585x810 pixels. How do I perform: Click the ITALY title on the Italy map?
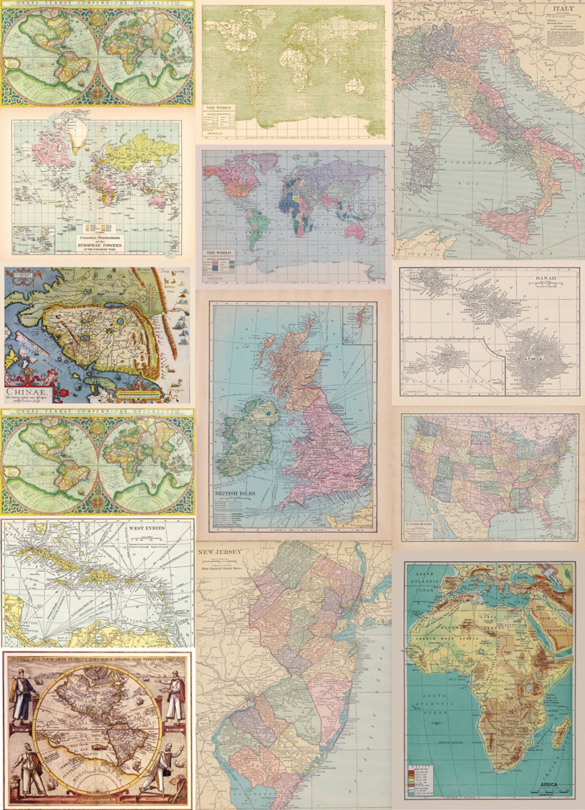click(563, 9)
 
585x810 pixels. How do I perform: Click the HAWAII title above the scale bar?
click(545, 278)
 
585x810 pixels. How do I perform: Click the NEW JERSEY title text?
click(219, 552)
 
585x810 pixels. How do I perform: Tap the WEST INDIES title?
click(146, 528)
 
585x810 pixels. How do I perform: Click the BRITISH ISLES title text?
click(235, 494)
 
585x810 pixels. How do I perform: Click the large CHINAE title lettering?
click(26, 392)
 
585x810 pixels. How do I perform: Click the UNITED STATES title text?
click(419, 524)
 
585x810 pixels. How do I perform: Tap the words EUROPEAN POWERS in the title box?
click(100, 245)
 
